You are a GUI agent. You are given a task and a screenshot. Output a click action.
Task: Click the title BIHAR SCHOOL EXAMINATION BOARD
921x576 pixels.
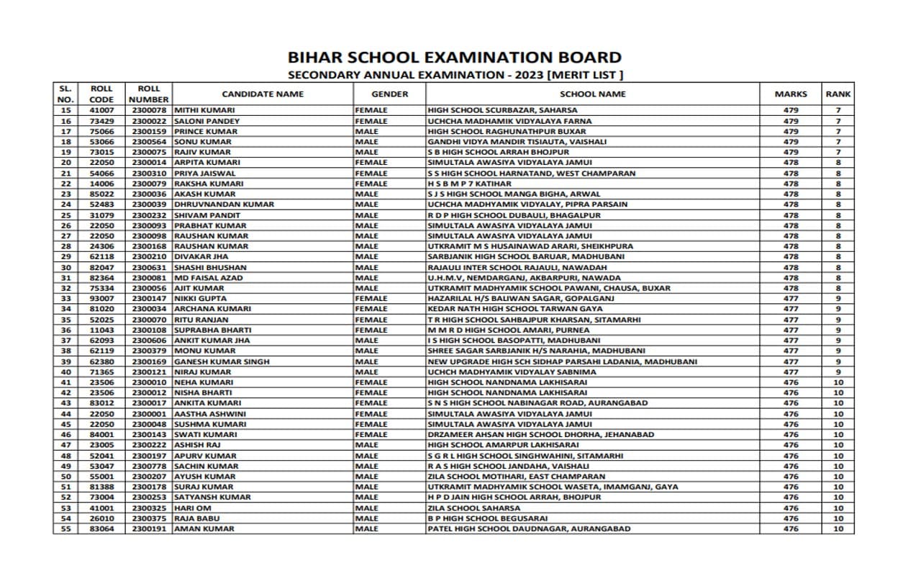point(454,58)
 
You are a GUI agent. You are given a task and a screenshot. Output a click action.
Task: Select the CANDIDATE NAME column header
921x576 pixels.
point(263,94)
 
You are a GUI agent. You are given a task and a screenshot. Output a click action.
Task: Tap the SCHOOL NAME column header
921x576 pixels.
point(593,94)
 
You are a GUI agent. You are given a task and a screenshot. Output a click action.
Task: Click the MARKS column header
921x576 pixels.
point(791,94)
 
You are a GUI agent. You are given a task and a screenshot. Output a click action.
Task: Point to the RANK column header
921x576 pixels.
point(838,94)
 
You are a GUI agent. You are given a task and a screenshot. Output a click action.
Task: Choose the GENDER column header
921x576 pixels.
point(389,94)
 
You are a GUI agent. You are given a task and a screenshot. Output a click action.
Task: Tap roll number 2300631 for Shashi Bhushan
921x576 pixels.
point(149,267)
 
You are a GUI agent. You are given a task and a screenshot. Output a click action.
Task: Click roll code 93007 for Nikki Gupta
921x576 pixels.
point(101,298)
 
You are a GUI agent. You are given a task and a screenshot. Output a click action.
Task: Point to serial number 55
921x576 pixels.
point(66,528)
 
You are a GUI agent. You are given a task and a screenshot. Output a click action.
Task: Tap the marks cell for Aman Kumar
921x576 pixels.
point(791,528)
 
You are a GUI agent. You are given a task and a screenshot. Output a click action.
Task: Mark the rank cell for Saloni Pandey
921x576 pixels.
point(838,121)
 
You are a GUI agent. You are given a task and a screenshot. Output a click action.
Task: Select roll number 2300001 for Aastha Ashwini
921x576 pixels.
point(149,414)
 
